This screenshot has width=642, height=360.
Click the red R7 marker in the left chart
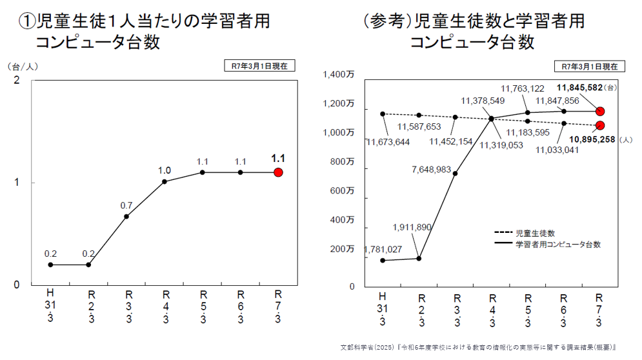tap(278, 172)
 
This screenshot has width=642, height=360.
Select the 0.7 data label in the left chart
tap(126, 206)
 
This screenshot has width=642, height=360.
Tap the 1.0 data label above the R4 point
tap(165, 171)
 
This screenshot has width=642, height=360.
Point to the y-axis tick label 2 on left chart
tap(17, 80)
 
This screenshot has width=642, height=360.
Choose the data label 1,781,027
tap(384, 249)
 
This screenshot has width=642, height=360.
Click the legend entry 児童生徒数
tap(535, 233)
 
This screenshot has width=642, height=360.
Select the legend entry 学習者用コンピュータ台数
tap(557, 245)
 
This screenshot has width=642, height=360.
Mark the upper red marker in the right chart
tap(600, 111)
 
